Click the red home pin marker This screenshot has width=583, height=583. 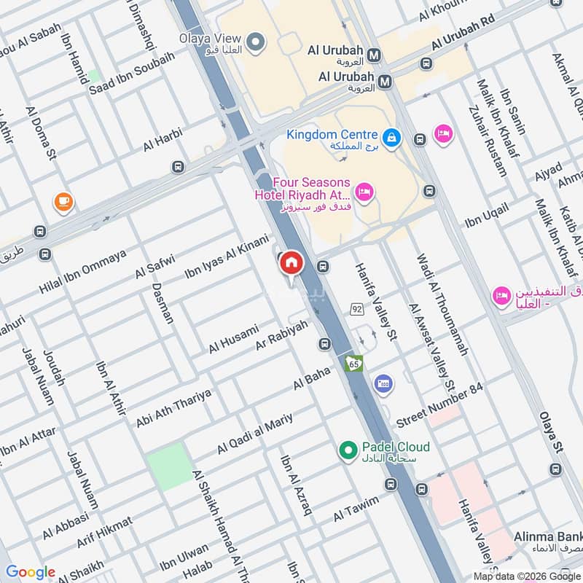point(291,263)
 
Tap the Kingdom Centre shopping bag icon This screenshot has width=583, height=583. point(392,136)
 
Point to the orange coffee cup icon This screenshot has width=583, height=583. point(63,201)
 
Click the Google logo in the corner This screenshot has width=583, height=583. point(31,572)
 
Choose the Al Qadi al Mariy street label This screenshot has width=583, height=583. point(254,434)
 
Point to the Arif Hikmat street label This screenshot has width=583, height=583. point(104,532)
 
